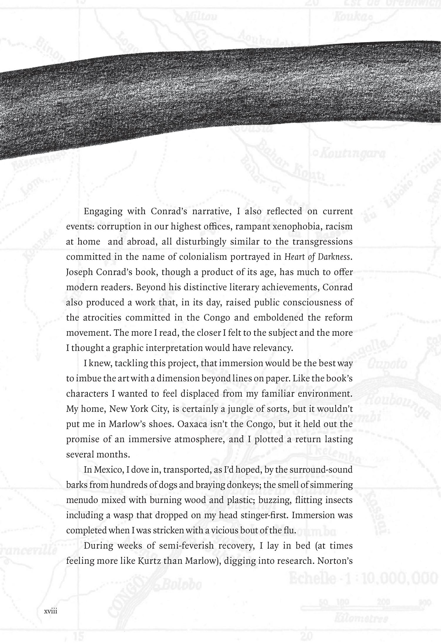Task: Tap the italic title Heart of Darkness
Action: coord(318,257)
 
